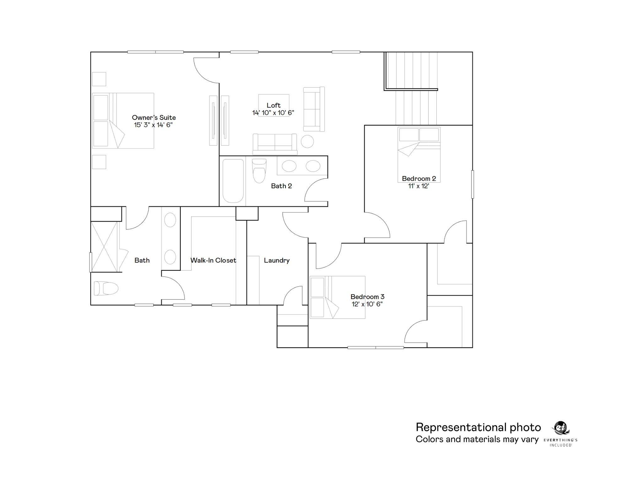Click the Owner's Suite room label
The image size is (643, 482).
point(154,118)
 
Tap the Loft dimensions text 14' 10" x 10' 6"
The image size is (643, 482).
point(273,113)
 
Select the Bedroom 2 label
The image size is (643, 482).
point(419,179)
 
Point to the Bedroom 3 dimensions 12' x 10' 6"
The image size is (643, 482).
point(367,304)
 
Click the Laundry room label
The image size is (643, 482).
point(277,260)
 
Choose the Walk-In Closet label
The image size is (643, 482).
point(213,260)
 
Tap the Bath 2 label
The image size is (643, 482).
point(281,186)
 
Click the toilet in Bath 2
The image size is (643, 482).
point(259,171)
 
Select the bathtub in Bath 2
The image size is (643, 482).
point(233,181)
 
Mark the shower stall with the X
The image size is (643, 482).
point(104,247)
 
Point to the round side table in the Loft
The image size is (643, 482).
point(307,142)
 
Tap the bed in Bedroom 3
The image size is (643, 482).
point(338,297)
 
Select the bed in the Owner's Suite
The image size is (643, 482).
point(123,120)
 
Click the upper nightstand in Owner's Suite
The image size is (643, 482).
point(99,79)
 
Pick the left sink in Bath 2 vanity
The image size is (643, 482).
point(289,166)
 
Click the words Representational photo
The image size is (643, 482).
point(478,427)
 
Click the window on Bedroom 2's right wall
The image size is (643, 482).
point(473,184)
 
